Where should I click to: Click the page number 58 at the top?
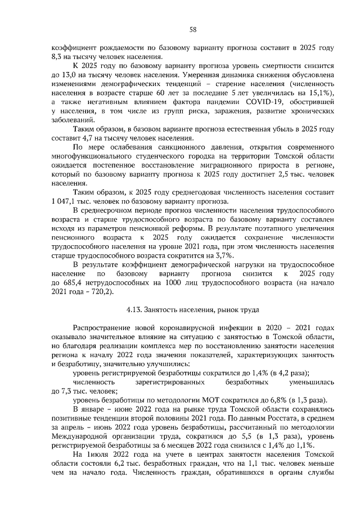(x=192, y=29)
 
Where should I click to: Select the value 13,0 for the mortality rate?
(x=69, y=74)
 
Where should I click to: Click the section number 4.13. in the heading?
(x=132, y=309)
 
